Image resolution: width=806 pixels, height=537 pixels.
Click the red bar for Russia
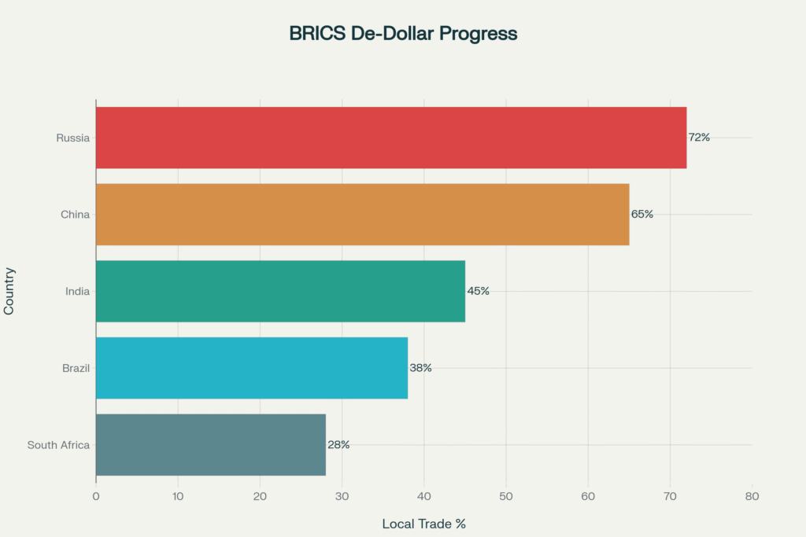[x=391, y=138]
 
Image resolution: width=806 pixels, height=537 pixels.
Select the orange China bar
[x=362, y=214]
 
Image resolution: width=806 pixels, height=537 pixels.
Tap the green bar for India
[x=280, y=291]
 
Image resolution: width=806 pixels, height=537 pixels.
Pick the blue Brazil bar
[x=252, y=368]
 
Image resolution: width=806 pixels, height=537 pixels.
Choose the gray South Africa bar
[x=211, y=444]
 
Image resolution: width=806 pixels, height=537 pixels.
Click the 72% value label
[x=699, y=138]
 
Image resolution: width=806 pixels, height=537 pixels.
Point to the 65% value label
[x=641, y=214]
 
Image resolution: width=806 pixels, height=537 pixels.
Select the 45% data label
[x=478, y=291]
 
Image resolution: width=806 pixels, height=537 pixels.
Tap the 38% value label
[x=420, y=368]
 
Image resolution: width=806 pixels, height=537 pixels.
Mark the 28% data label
[x=338, y=444]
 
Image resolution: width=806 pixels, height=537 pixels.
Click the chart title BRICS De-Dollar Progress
[x=403, y=34]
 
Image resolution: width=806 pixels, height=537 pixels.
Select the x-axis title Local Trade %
[x=424, y=524]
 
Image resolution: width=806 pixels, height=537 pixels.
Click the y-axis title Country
[x=9, y=291]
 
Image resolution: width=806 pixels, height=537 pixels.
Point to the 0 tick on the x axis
[x=96, y=496]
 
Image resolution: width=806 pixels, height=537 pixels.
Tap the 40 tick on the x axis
[x=424, y=496]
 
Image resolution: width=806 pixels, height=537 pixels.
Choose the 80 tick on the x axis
[x=752, y=496]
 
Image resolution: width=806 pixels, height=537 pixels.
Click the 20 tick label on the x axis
[x=260, y=496]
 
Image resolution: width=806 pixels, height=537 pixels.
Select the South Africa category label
[x=58, y=445]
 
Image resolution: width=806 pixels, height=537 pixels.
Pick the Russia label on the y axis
[x=72, y=138]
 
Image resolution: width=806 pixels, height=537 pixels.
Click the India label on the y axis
[x=77, y=292]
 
